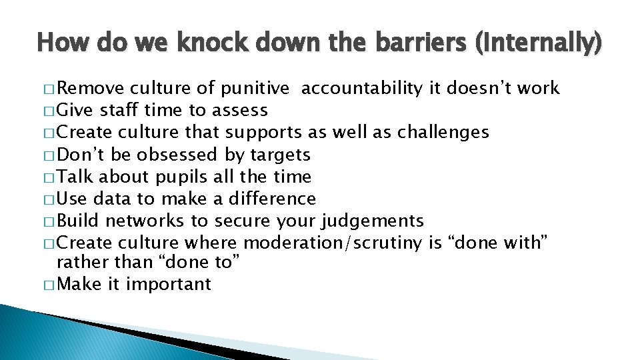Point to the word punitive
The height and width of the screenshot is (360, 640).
(255, 89)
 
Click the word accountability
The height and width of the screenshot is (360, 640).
(361, 89)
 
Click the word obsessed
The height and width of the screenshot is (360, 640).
(177, 155)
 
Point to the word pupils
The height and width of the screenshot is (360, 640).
(182, 177)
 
